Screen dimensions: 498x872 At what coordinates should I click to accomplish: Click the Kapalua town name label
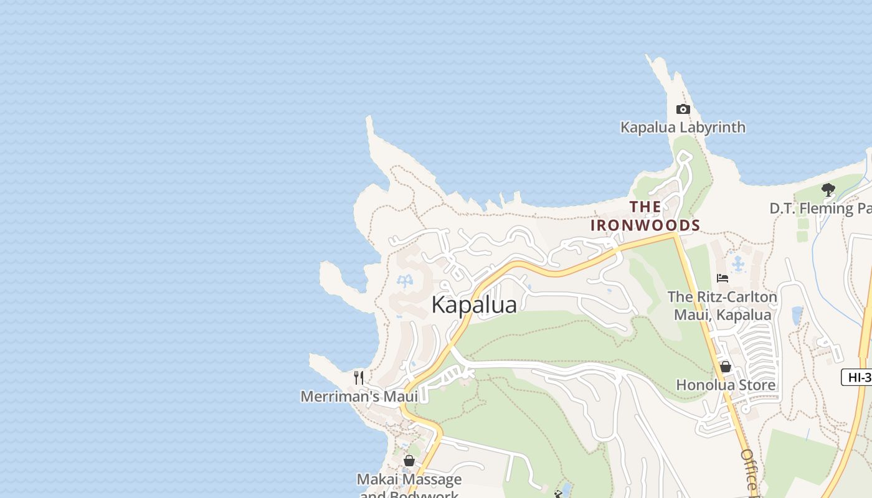[x=474, y=305]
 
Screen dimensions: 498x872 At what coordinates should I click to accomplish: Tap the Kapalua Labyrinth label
[x=683, y=128]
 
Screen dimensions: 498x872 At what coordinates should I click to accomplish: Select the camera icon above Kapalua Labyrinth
[x=683, y=110]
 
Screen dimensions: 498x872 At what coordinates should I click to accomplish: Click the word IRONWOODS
[x=645, y=225]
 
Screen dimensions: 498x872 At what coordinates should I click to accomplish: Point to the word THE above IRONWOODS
[x=645, y=207]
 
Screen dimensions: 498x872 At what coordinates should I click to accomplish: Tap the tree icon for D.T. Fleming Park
[x=828, y=189]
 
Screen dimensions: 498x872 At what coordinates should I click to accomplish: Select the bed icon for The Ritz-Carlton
[x=723, y=278]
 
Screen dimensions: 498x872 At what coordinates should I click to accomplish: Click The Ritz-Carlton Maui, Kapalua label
[x=723, y=306]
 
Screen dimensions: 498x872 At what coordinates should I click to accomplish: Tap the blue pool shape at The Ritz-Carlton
[x=739, y=264]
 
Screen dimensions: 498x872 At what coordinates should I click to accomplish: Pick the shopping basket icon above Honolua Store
[x=725, y=367]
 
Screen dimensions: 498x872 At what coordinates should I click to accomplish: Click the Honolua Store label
[x=726, y=385]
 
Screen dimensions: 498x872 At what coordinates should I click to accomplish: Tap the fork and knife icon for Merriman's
[x=359, y=377]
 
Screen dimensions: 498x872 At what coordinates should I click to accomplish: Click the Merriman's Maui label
[x=359, y=397]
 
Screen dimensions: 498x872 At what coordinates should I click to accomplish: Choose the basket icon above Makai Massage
[x=409, y=461]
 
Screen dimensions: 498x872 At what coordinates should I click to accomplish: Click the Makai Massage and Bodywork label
[x=409, y=486]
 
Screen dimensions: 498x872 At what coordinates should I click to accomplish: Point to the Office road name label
[x=750, y=471]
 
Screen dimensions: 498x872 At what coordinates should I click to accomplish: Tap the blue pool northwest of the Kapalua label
[x=405, y=281]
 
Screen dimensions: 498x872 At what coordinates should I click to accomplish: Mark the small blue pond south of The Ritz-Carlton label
[x=797, y=316]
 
